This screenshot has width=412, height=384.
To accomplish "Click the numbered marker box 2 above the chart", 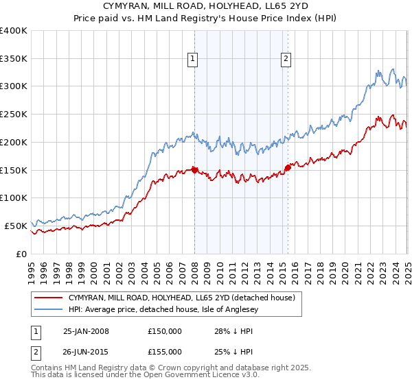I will coord(285,59).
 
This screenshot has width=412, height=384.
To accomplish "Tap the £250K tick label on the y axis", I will coord(14,115).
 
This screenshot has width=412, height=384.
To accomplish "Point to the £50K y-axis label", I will coord(16,226).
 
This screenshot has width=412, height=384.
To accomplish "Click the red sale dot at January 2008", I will coord(194,169).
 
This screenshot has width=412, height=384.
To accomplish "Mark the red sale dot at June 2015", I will coord(288,167).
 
